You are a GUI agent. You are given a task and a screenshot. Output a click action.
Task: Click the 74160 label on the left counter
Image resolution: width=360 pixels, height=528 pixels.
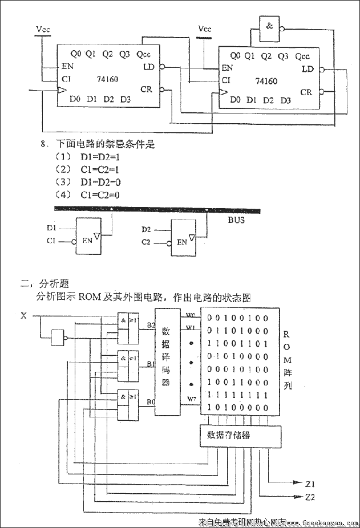tap(107, 79)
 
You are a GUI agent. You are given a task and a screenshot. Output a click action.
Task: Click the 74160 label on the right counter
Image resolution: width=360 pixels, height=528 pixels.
tap(267, 81)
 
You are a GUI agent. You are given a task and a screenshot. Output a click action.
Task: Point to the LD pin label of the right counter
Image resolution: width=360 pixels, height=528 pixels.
tap(308, 69)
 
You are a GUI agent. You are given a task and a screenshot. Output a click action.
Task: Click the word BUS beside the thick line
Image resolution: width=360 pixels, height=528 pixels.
tap(236, 220)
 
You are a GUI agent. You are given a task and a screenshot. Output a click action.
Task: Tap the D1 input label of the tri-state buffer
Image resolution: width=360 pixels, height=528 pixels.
tap(52, 229)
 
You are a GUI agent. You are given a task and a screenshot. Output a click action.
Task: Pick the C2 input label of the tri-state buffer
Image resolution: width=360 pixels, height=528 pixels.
tap(147, 242)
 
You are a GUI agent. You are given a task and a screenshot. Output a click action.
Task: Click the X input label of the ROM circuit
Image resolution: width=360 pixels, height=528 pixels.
tap(23, 315)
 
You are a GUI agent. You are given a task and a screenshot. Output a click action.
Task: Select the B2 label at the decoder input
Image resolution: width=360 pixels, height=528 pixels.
tap(151, 325)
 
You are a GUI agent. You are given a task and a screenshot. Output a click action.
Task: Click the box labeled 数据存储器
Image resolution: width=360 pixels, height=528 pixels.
tap(239, 436)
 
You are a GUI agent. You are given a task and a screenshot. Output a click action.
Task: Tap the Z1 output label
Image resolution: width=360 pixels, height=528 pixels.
tap(310, 484)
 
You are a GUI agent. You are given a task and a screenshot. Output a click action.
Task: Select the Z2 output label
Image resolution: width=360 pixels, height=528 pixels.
tap(310, 497)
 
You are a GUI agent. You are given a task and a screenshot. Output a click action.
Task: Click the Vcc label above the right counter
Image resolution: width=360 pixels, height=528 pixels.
tap(204, 29)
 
